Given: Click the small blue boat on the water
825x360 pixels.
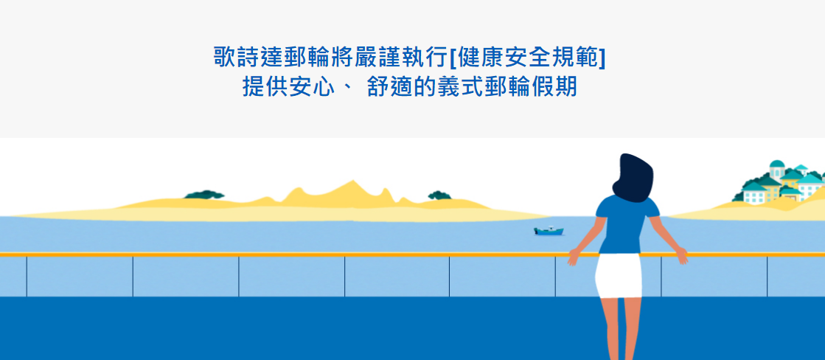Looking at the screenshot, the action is pyautogui.click(x=549, y=231).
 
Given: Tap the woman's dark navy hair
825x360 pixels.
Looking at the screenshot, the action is pyautogui.click(x=633, y=178).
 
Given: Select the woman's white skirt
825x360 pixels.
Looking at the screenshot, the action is pyautogui.click(x=619, y=275).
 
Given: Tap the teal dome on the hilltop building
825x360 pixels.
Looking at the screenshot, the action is pyautogui.click(x=777, y=164).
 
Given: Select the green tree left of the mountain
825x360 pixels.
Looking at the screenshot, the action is pyautogui.click(x=204, y=195).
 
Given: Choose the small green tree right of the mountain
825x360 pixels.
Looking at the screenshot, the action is pyautogui.click(x=439, y=195).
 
